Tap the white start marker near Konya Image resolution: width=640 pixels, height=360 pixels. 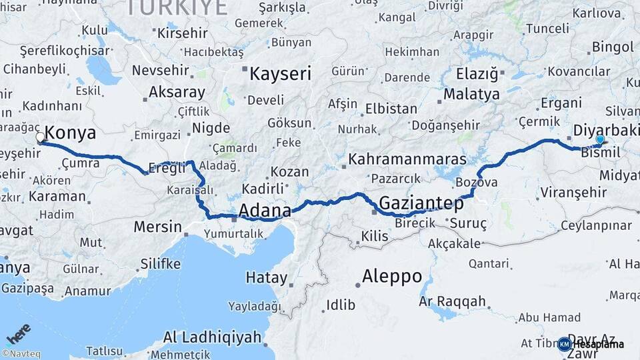pos(40,137)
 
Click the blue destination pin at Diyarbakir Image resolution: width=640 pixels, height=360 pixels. pos(600,139)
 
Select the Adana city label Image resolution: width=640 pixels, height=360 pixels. pos(265,211)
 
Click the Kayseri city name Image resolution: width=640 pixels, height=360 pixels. pos(280,73)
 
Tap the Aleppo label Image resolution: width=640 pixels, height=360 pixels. pos(392,275)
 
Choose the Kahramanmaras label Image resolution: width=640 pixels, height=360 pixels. pos(407,160)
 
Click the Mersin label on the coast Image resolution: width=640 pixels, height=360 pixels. pos(157,227)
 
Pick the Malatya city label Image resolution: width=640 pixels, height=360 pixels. pos(471,94)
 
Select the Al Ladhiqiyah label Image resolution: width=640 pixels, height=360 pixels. pos(212,337)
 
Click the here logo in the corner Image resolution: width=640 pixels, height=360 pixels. pos(18,333)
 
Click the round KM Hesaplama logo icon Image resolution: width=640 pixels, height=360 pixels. pos(565,344)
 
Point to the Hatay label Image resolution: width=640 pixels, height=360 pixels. pos(267,277)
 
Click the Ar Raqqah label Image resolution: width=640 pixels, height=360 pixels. pos(453,301)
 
